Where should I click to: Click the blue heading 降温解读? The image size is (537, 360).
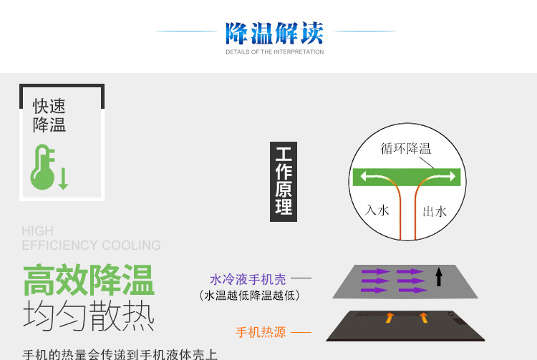(x=274, y=33)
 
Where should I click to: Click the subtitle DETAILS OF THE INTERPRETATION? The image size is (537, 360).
(x=274, y=52)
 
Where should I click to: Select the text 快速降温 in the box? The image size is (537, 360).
(x=49, y=116)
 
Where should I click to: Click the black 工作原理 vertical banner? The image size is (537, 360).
(x=284, y=181)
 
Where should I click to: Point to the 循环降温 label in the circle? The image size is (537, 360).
(x=406, y=149)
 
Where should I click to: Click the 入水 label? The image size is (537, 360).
(x=377, y=210)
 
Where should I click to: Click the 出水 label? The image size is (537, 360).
(x=435, y=211)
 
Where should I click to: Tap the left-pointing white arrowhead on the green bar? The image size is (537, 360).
(x=364, y=176)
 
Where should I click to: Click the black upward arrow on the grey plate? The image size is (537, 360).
(x=439, y=276)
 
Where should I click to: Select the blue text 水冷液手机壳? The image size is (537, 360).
(x=248, y=279)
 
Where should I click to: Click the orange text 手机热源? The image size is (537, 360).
(x=261, y=332)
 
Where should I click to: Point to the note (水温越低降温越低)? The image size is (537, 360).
(x=248, y=295)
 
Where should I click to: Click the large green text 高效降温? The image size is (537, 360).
(x=89, y=281)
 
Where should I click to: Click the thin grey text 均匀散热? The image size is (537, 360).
(x=89, y=316)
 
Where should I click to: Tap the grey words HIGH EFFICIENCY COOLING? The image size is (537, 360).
(x=91, y=238)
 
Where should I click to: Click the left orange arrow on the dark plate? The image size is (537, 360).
(x=390, y=318)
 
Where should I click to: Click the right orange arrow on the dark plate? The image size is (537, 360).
(x=423, y=318)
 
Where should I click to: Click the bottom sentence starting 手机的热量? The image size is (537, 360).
(x=120, y=354)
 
